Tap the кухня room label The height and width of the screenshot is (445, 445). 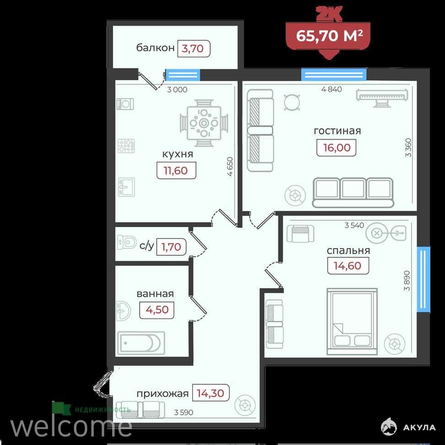178,154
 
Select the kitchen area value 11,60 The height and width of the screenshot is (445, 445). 176,171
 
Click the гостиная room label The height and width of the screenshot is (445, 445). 337,131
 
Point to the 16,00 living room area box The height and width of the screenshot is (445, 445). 336,147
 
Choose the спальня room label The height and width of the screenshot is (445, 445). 348,251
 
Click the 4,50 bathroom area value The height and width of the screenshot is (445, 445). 157,309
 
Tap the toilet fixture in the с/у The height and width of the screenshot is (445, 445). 127,242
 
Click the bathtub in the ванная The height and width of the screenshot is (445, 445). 141,343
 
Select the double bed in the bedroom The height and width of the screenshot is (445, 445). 352,321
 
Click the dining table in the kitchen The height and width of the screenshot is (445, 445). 204,123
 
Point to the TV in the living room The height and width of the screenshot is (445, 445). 382,98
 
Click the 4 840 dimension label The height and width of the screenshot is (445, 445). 331,89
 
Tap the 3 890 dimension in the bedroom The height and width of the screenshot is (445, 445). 407,281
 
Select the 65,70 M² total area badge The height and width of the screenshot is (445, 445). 329,36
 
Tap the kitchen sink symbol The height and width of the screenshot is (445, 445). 126,187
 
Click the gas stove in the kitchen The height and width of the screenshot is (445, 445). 126,146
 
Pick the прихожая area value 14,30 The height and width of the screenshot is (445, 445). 211,393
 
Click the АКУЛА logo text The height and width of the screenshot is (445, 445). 419,428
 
